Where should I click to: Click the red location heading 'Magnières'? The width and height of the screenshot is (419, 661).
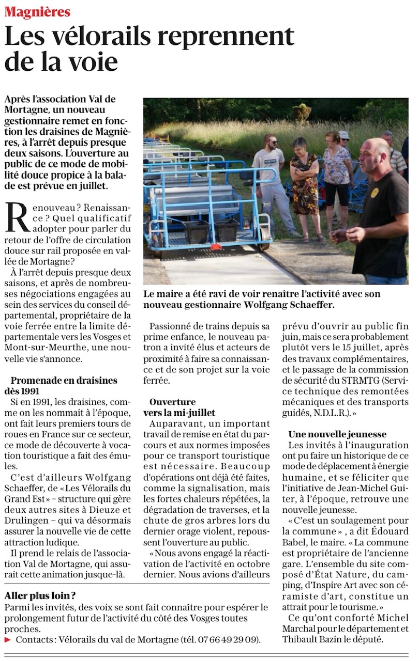[37, 11]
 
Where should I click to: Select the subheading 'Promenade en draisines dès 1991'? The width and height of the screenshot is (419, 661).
[64, 385]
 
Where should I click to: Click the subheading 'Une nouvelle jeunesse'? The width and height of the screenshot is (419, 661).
[337, 434]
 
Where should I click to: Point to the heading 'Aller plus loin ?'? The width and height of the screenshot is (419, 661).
[40, 595]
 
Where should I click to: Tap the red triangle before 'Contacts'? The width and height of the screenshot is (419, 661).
[7, 639]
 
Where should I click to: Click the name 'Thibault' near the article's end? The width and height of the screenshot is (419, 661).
[300, 639]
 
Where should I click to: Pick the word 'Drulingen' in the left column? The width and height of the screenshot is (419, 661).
[28, 531]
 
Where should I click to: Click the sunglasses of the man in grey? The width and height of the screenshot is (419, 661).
[271, 142]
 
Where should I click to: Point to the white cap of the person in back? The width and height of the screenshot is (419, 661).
[344, 134]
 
